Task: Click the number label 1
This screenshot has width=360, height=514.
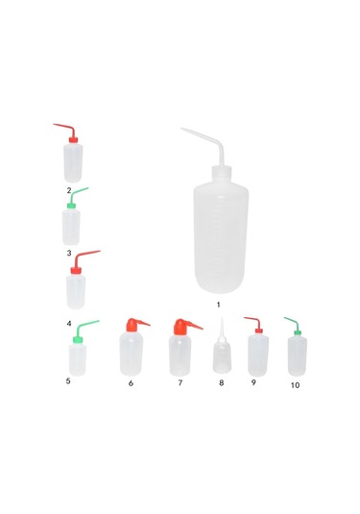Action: [219, 305]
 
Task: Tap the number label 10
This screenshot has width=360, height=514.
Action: [295, 385]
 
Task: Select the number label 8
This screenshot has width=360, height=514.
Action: [222, 383]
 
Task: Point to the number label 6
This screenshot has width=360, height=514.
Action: [131, 383]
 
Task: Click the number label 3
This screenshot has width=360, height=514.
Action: [69, 253]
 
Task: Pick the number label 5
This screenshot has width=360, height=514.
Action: [68, 380]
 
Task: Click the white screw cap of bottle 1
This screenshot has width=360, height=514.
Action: [222, 173]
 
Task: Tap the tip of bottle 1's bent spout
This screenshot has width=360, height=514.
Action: [180, 128]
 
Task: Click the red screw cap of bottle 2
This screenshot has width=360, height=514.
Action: [73, 140]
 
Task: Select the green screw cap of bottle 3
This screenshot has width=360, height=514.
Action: [71, 206]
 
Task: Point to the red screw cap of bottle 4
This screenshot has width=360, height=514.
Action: [76, 270]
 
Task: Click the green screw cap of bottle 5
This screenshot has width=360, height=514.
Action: [78, 339]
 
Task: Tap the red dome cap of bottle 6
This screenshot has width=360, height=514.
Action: [132, 325]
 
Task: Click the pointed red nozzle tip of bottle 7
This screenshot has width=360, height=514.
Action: [203, 329]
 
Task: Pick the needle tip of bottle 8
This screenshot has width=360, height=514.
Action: [222, 318]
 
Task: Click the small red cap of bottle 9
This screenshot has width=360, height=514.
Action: [259, 330]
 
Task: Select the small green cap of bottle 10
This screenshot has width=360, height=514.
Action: [298, 332]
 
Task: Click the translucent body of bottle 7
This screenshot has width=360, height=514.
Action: [180, 355]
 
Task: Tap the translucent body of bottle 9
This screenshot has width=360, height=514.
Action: [258, 355]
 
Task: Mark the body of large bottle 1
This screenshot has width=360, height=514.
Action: [221, 237]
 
